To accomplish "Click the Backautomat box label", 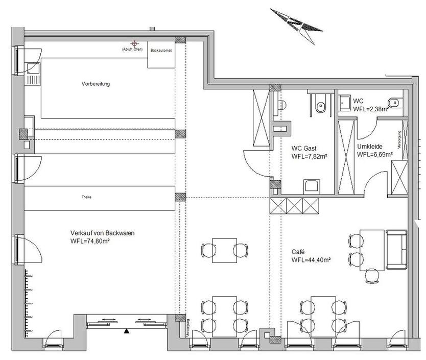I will click(x=161, y=51).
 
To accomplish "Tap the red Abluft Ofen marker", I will click(x=135, y=44).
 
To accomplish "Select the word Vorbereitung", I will click(x=96, y=83).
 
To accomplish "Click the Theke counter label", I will click(x=86, y=197).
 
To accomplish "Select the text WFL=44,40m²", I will click(x=311, y=260).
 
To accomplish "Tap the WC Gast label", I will click(x=303, y=149).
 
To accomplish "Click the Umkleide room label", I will click(x=369, y=146).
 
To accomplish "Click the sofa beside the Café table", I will click(x=396, y=249).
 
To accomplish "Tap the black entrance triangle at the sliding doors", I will click(x=126, y=332).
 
